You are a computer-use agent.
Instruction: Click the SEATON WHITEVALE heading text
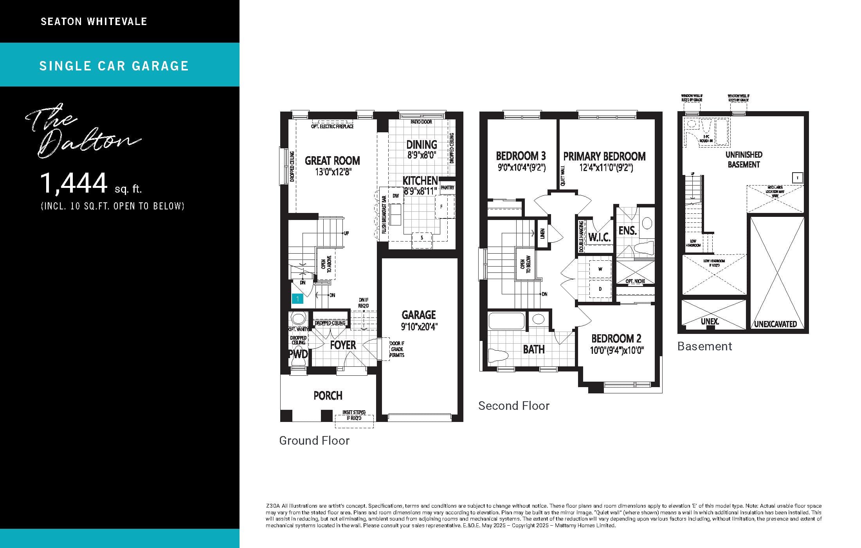94,22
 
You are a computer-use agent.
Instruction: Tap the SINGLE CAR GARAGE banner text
114,66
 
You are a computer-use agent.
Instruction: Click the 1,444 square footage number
74,183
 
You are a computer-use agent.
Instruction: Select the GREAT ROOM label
332,161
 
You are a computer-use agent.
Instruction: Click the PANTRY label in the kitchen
447,188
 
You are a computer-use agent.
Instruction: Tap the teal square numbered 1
297,299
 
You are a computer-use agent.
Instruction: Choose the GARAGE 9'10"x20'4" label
419,320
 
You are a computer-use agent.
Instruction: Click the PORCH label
328,396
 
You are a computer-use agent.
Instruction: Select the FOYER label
343,345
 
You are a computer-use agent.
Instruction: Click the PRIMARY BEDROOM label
604,157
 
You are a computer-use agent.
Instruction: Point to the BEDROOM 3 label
521,156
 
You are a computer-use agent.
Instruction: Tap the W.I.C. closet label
599,237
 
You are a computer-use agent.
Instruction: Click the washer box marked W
600,269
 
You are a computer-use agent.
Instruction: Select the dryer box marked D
600,289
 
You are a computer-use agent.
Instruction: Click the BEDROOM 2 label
616,339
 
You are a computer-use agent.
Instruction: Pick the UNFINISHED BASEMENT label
744,159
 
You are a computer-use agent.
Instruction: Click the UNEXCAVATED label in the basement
775,324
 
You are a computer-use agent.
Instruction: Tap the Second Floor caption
513,406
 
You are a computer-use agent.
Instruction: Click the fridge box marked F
441,207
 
